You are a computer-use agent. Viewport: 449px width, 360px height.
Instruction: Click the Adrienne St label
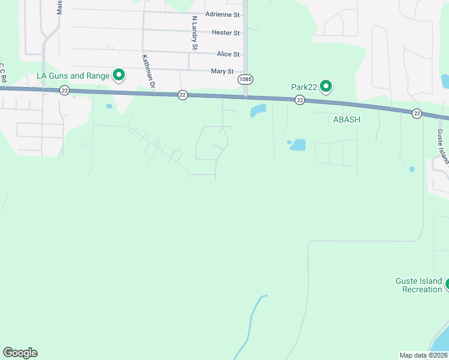222,14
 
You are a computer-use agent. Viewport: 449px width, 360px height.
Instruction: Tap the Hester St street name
226,32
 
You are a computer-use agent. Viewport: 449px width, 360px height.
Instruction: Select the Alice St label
228,54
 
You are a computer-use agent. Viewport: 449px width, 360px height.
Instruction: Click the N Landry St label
194,33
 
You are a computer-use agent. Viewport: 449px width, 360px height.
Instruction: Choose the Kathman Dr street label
148,73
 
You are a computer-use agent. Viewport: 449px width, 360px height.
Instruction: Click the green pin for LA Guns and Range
119,75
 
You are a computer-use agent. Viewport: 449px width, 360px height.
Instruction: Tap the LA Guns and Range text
73,76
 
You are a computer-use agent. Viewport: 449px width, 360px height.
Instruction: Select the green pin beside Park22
326,87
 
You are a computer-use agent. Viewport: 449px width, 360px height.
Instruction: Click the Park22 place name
304,87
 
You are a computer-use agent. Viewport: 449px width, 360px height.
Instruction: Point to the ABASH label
347,119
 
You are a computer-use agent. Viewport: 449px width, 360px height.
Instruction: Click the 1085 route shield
245,80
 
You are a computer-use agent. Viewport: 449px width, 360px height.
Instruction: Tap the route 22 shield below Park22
300,100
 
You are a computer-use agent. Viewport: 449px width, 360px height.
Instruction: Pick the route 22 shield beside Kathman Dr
183,95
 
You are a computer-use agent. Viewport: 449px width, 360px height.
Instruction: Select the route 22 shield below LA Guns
65,90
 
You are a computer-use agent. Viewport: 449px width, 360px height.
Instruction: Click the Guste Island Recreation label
418,286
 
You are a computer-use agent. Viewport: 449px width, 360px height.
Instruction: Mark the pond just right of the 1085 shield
258,110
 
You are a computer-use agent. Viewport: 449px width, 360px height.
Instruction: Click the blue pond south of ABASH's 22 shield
297,145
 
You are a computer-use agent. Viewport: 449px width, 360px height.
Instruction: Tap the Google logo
20,353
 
